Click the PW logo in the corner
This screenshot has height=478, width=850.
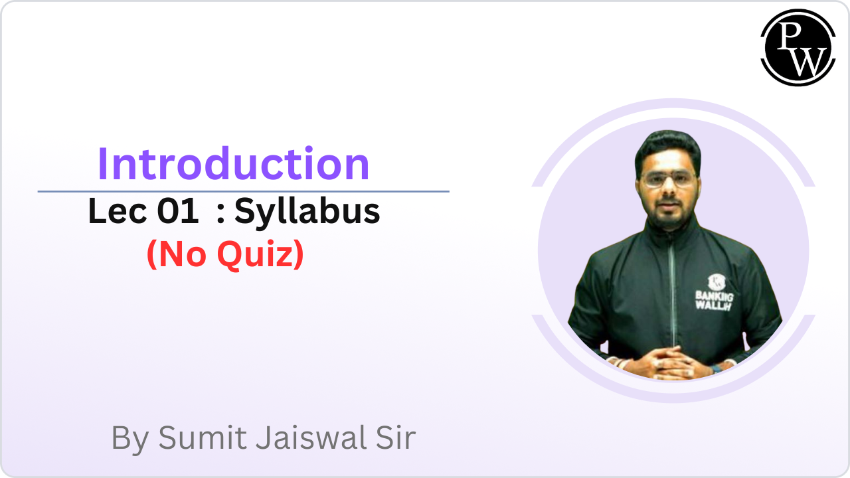(798, 47)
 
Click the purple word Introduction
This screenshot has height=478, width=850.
(234, 164)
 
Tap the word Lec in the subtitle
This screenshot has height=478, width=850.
(118, 211)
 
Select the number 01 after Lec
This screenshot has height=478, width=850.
(177, 211)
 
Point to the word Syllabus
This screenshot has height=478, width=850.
(307, 213)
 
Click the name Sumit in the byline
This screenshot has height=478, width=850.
(203, 438)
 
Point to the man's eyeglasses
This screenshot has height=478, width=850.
(669, 179)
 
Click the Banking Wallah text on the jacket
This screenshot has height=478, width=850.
(714, 301)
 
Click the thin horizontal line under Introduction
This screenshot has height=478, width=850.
(243, 192)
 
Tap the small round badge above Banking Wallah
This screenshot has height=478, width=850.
(717, 282)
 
